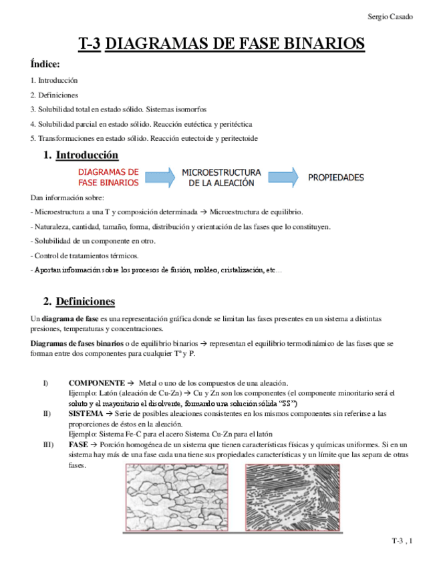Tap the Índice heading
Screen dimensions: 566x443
coord(45,65)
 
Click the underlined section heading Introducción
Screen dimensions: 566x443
coord(87,156)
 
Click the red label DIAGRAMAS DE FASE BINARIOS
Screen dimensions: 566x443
coord(109,177)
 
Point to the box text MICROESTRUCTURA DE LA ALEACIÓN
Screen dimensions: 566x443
coord(221,177)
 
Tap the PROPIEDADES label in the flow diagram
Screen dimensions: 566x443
coord(335,178)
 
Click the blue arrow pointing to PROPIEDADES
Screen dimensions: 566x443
coord(283,177)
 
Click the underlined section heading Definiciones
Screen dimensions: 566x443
coord(85,301)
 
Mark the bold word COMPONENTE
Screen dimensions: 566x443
coord(96,383)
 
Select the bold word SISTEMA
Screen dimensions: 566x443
coord(86,414)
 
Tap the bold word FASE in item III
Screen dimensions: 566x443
coord(78,445)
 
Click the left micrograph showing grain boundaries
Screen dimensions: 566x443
coord(178,497)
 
